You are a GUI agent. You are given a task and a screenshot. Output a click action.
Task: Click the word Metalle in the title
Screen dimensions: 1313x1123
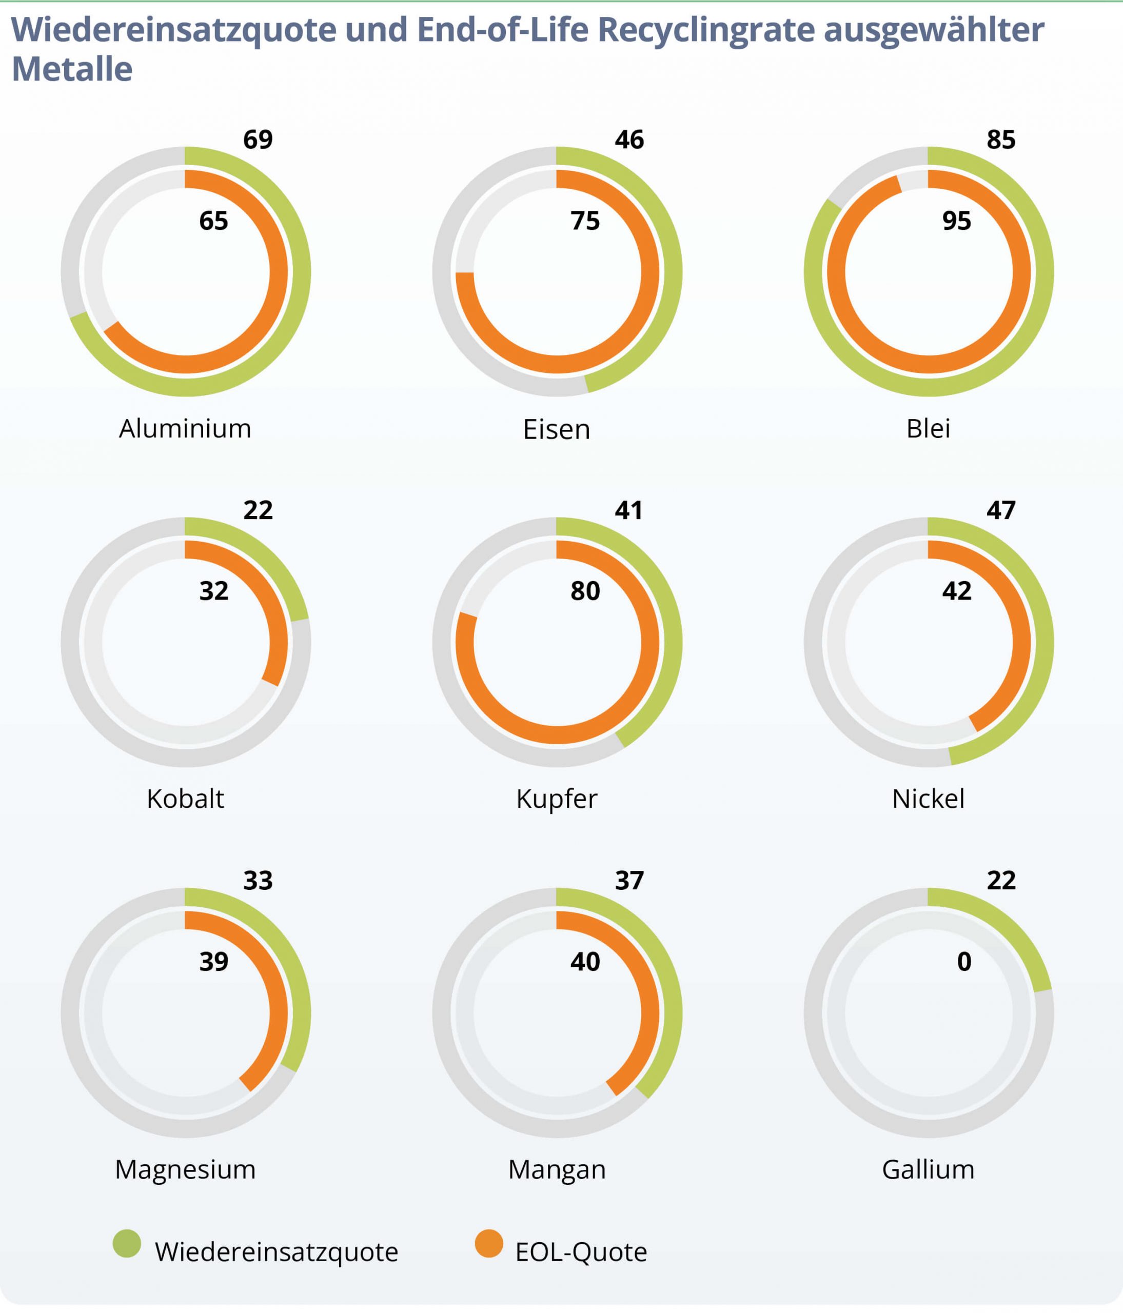[x=72, y=70]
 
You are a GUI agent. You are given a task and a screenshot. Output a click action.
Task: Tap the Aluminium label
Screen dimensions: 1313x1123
[x=185, y=429]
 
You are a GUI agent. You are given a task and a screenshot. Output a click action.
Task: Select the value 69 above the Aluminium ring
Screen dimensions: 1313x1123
[x=258, y=140]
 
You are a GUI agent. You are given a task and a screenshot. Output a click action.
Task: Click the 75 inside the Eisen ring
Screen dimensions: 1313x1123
[x=585, y=221]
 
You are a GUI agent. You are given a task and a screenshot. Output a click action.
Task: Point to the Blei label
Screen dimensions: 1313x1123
[x=928, y=429]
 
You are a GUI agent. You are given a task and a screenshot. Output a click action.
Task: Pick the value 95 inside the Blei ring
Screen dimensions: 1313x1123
[x=956, y=221]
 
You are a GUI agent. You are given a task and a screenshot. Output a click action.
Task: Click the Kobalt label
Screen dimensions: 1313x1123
[x=185, y=799]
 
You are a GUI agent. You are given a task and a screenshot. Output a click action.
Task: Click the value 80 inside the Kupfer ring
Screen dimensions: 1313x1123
[x=585, y=591]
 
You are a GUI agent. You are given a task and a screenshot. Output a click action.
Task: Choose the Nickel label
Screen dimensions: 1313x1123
[x=928, y=799]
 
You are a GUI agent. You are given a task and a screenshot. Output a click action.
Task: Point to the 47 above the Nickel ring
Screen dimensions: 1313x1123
[x=1001, y=510]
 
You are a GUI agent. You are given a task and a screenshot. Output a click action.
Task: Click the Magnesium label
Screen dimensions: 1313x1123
[x=185, y=1170]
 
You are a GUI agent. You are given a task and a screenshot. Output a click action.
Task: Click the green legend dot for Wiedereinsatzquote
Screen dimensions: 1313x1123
[x=127, y=1243]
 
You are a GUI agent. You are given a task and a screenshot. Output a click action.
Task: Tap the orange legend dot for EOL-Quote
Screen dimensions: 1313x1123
[x=488, y=1243]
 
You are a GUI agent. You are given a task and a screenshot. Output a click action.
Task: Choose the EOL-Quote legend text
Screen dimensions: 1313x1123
[x=581, y=1252]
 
